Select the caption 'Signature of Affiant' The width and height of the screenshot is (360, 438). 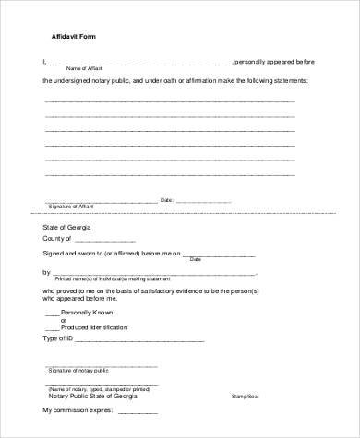point(71,205)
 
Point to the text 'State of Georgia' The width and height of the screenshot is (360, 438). point(66,226)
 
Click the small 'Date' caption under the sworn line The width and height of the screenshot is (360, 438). point(195,259)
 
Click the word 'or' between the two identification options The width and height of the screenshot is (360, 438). point(65,320)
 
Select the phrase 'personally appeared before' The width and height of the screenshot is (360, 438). point(276,62)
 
